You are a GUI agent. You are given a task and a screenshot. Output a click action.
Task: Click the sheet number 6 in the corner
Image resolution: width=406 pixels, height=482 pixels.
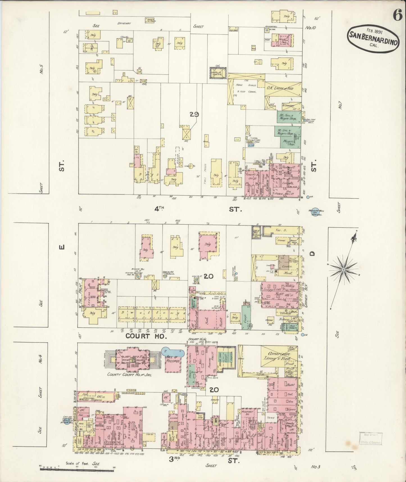click(397, 16)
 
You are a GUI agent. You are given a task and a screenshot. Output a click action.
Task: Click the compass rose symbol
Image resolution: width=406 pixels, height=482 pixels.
click(343, 269)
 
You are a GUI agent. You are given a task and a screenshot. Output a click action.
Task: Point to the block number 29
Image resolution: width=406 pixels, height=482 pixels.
click(194, 114)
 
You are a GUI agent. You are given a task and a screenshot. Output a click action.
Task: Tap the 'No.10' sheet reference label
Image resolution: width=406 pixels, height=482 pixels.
click(311, 28)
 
